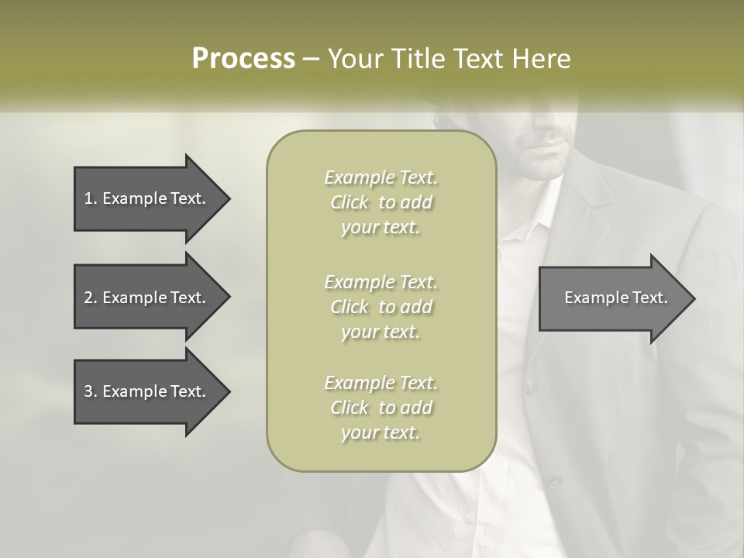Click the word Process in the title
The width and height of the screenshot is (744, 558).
[243, 59]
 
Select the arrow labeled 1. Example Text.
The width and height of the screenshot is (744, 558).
[147, 198]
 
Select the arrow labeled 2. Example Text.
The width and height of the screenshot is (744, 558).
[147, 298]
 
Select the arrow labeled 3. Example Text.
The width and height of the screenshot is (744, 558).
[147, 391]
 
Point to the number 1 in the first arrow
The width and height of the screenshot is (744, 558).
[88, 198]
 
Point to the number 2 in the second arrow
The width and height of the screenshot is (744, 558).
[88, 298]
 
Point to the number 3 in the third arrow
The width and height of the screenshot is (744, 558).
[88, 391]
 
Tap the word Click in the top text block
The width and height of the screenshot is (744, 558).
[350, 203]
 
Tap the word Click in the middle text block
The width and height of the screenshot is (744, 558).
[350, 307]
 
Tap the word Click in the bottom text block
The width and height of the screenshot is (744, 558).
[350, 408]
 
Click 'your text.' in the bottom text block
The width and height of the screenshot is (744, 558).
[381, 432]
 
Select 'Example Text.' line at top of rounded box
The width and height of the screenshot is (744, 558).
[381, 177]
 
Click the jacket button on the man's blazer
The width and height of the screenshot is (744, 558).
[531, 385]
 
